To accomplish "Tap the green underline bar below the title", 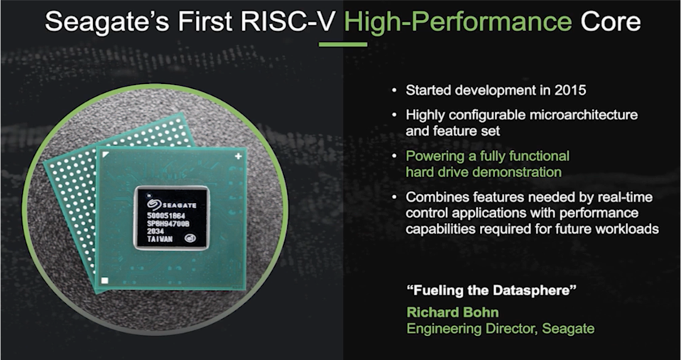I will coord(343,45).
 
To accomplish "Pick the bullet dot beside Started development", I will coord(395,92).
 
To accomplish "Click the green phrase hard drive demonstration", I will coord(483,173).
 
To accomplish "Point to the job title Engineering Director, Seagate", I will coord(499,329).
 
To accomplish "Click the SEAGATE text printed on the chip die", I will coord(178,202).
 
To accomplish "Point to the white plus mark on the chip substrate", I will coord(236,155).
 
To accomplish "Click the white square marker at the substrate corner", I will coord(104,281).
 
